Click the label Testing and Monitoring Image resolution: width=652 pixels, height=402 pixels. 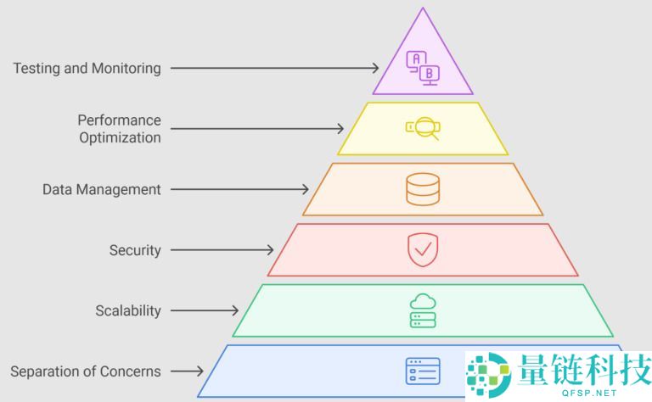click(87, 68)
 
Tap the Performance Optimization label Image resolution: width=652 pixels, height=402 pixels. click(119, 128)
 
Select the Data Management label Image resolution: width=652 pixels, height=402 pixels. click(101, 189)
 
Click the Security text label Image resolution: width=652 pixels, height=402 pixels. click(135, 250)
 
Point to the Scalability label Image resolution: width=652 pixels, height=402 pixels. click(128, 310)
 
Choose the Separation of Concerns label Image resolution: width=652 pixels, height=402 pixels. click(86, 371)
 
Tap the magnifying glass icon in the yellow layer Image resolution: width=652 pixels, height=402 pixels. click(423, 128)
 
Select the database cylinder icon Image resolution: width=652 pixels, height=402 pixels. click(423, 189)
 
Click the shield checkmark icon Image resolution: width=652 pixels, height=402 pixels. click(423, 250)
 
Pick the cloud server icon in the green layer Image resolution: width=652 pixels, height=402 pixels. click(423, 310)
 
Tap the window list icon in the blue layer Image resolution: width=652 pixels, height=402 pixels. click(423, 371)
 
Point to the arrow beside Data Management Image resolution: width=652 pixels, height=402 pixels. click(239, 189)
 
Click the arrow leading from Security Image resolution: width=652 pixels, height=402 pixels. click(222, 250)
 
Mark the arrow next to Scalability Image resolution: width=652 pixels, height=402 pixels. click(204, 310)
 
